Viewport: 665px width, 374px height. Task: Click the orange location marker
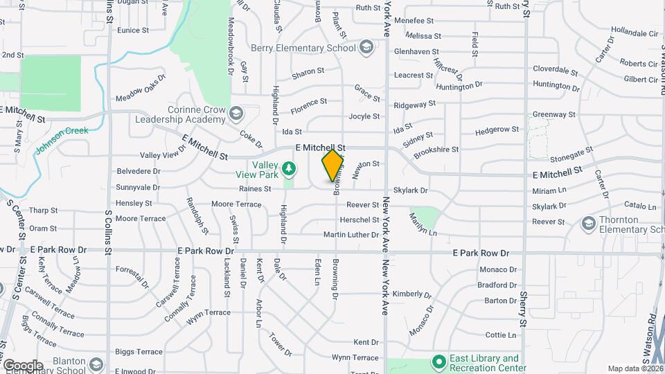[333, 165]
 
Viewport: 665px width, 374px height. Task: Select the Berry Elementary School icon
[366, 48]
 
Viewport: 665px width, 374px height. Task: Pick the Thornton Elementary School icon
[588, 222]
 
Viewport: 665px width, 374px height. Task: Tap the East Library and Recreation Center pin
[438, 362]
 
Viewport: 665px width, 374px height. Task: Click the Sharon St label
[308, 71]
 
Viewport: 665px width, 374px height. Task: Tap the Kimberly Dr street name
[407, 294]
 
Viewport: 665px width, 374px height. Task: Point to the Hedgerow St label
[497, 130]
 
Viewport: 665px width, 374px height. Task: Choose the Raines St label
[254, 188]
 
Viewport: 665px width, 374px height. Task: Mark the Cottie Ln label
[501, 335]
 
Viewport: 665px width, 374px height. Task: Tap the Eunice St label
[133, 30]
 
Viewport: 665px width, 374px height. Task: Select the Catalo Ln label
[639, 206]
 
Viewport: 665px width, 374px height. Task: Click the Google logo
[23, 365]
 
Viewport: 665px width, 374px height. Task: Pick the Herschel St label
[360, 220]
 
